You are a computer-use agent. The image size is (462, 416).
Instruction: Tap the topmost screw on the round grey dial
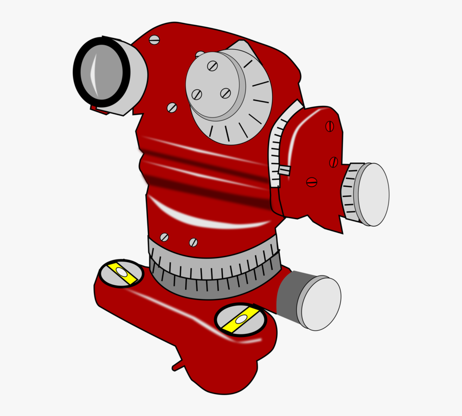pyautogui.click(x=213, y=66)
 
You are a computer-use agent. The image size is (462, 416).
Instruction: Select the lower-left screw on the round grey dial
pyautogui.click(x=197, y=94)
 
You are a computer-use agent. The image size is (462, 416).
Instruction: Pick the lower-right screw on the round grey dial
pyautogui.click(x=225, y=93)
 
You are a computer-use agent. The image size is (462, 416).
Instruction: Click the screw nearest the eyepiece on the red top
pyautogui.click(x=154, y=39)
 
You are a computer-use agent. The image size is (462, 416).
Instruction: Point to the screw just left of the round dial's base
pyautogui.click(x=172, y=108)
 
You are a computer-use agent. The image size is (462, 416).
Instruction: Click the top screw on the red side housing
pyautogui.click(x=330, y=126)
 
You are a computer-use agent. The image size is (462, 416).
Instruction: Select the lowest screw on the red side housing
pyautogui.click(x=312, y=182)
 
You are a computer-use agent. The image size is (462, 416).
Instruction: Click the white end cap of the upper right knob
pyautogui.click(x=374, y=194)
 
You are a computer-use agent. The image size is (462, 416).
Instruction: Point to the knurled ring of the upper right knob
pyautogui.click(x=351, y=192)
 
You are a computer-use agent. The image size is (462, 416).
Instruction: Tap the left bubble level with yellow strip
pyautogui.click(x=121, y=273)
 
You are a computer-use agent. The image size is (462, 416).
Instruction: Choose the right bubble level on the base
pyautogui.click(x=240, y=320)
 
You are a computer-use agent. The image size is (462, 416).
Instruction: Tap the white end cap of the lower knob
pyautogui.click(x=321, y=304)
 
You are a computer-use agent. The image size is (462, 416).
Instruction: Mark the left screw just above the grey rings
pyautogui.click(x=164, y=237)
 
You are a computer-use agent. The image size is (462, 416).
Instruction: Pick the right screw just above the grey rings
pyautogui.click(x=193, y=242)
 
